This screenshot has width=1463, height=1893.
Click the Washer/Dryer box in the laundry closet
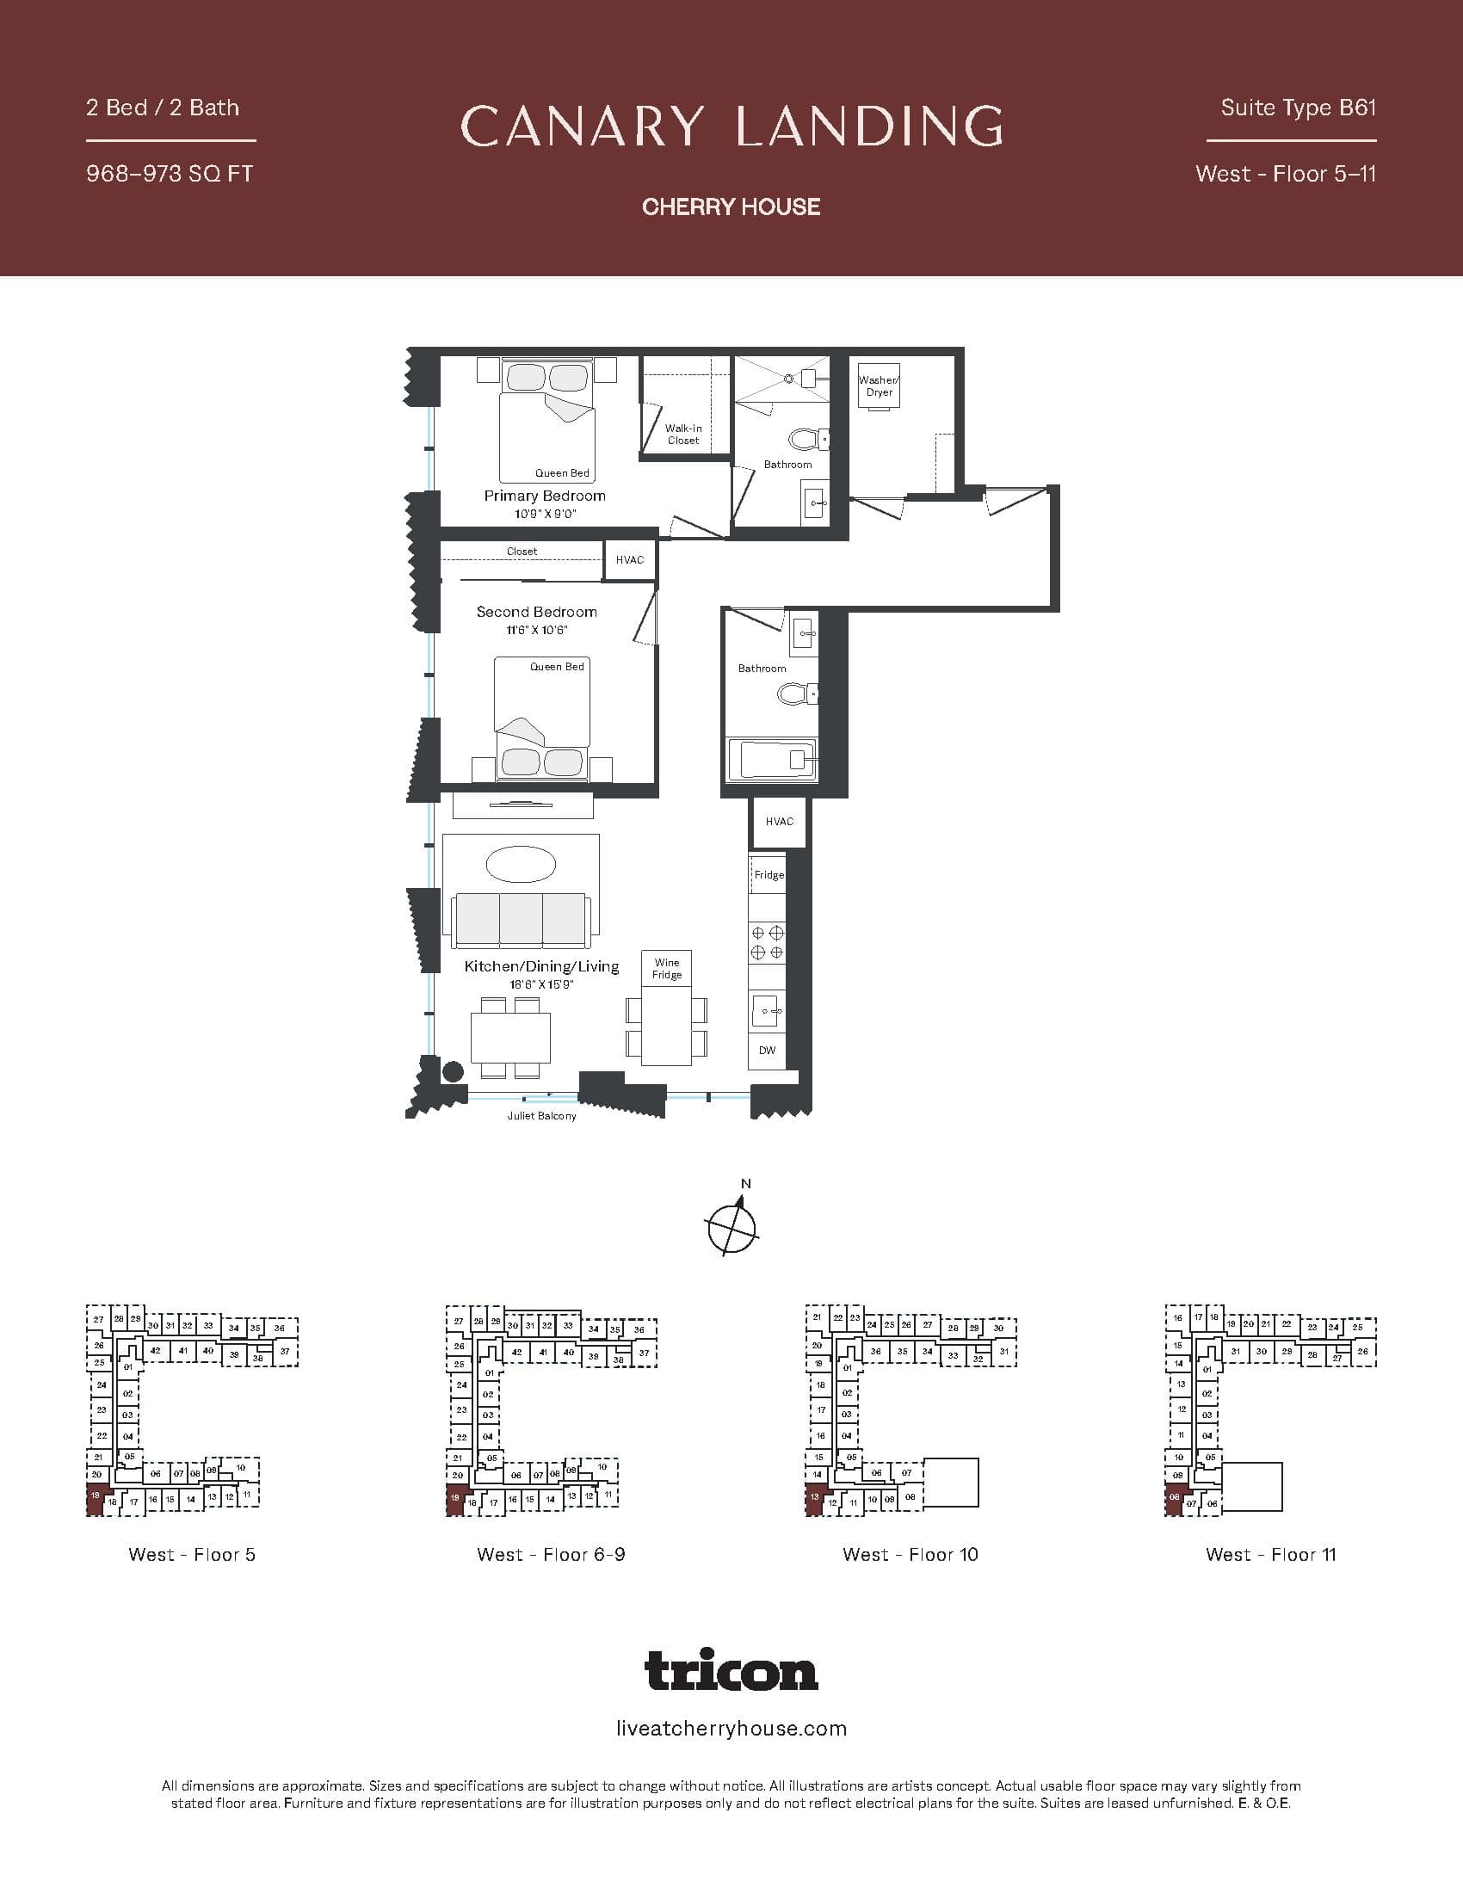coord(879,385)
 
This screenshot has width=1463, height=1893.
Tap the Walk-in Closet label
coord(683,435)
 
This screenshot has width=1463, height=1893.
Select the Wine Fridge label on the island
coord(666,968)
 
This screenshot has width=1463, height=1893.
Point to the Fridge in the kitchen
coord(768,874)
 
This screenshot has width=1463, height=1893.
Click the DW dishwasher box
coord(767,1051)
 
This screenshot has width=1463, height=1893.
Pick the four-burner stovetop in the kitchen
coord(767,942)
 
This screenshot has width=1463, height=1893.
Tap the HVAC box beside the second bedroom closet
coord(630,560)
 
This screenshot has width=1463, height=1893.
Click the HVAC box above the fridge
coord(779,822)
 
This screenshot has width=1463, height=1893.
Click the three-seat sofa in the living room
coord(520,920)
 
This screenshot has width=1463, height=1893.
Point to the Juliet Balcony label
coord(541,1115)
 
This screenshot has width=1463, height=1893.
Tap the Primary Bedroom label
coord(544,496)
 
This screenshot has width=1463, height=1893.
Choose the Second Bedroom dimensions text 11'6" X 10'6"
coord(536,630)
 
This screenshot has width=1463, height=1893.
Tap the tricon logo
coord(731,1670)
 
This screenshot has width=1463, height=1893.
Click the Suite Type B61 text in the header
coord(1298,108)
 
